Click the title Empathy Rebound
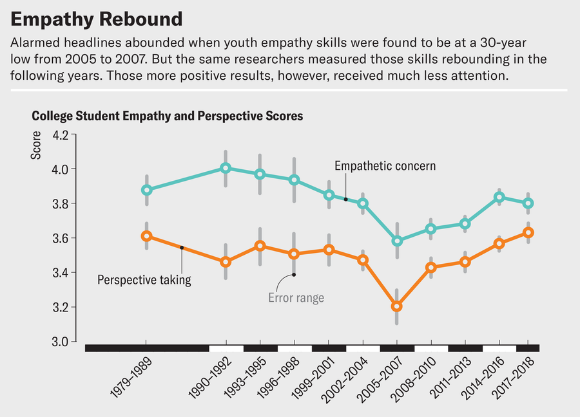click(97, 19)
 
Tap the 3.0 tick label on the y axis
click(59, 342)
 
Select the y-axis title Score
click(37, 145)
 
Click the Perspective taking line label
click(144, 280)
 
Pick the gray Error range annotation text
click(296, 298)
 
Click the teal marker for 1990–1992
click(226, 168)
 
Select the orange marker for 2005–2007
click(397, 306)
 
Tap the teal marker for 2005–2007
click(397, 241)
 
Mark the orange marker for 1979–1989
click(146, 236)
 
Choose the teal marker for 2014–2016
click(499, 198)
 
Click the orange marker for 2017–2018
click(528, 233)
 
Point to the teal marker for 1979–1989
click(146, 190)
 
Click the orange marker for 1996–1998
click(294, 254)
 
